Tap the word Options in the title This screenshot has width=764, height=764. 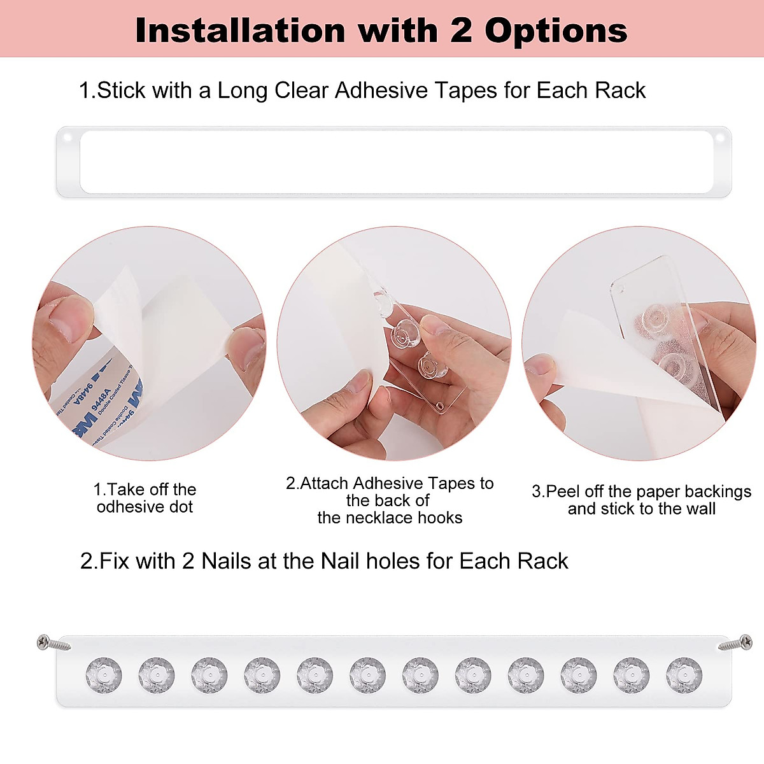tap(556, 31)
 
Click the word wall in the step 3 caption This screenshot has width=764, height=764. tap(700, 509)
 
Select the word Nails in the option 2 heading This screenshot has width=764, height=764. tap(226, 561)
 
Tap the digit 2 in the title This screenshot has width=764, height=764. tap(461, 31)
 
